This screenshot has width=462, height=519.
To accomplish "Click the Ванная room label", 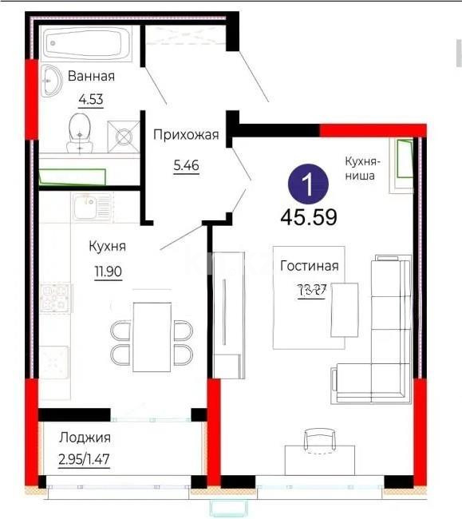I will coord(91,77).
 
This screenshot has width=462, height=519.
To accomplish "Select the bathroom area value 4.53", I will coord(90,100).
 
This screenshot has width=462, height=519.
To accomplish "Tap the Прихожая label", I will coord(185,135).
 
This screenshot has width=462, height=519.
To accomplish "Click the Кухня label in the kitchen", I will coord(107,246).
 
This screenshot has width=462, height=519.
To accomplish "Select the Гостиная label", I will coord(310,267).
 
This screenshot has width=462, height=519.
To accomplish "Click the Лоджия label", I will coord(85,437).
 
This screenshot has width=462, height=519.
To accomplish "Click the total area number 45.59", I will coord(308,216).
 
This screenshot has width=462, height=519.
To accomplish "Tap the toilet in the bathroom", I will coord(79,131).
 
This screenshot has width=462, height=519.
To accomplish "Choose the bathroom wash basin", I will coord(53,81).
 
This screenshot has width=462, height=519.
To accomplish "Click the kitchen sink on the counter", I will coord(87,208).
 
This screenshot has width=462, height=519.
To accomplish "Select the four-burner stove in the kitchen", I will coord(57,299).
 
